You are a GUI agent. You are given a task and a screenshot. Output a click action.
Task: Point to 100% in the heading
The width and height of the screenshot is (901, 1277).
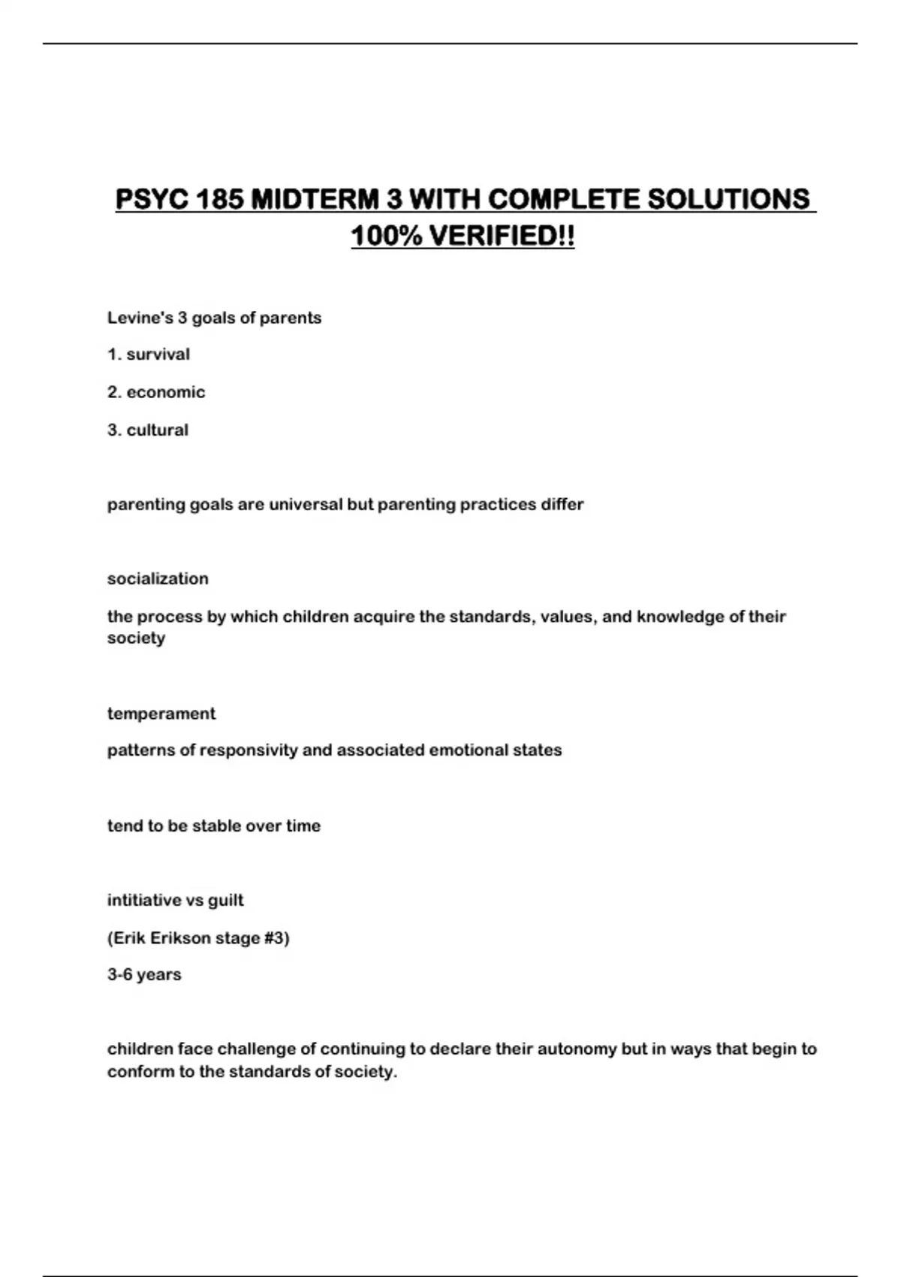(386, 237)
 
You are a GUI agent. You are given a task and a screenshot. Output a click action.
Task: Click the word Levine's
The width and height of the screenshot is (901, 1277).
(140, 318)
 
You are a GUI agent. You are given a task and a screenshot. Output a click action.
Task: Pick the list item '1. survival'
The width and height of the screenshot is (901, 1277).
(149, 355)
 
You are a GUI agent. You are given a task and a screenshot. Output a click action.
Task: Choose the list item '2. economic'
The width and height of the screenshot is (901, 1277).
(156, 392)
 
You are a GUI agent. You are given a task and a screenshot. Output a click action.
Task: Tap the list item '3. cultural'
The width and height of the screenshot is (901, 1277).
(148, 430)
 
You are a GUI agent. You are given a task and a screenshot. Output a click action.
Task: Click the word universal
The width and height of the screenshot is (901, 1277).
(306, 505)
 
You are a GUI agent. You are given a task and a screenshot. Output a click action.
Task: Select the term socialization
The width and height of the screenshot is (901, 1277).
(158, 579)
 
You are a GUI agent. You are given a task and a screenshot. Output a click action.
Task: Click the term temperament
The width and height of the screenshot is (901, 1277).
(161, 714)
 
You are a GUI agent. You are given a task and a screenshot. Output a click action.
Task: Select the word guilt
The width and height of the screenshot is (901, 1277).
(225, 900)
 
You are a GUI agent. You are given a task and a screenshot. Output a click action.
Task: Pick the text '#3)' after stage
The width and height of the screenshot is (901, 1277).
(275, 938)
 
